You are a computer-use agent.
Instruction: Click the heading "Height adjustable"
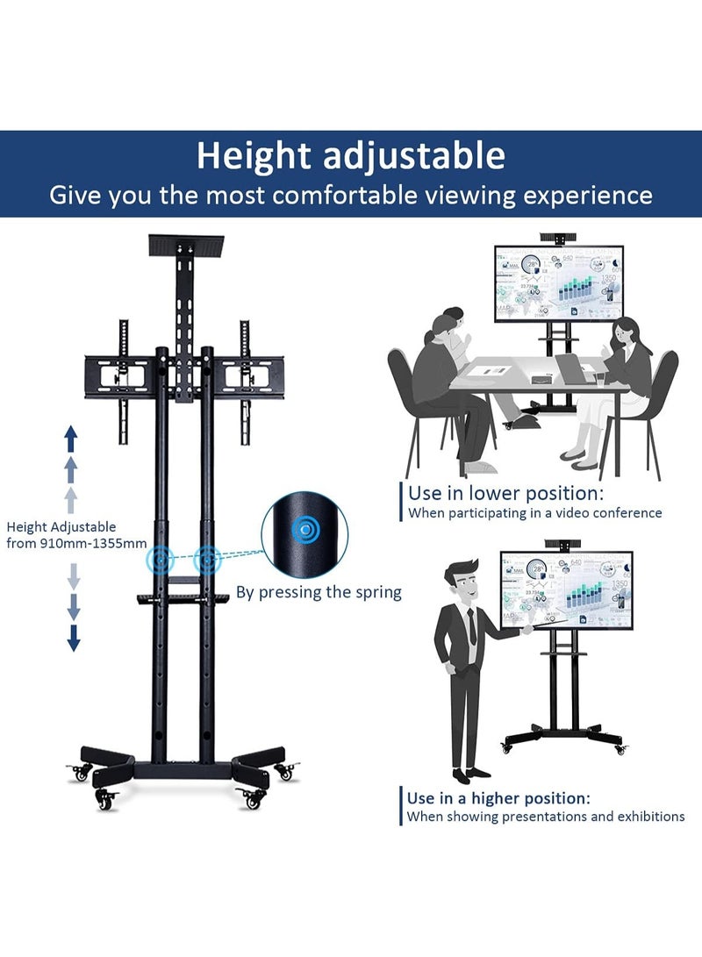click(x=350, y=156)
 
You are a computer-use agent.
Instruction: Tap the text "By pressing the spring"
click(x=319, y=592)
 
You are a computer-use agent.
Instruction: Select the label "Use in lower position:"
click(x=518, y=493)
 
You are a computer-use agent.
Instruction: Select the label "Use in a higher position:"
click(x=498, y=798)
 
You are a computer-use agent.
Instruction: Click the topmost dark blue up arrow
click(x=72, y=436)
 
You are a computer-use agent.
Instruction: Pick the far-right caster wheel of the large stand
click(x=285, y=772)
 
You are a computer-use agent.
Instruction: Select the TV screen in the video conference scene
click(x=559, y=282)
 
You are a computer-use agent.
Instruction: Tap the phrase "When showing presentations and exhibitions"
click(x=545, y=817)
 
